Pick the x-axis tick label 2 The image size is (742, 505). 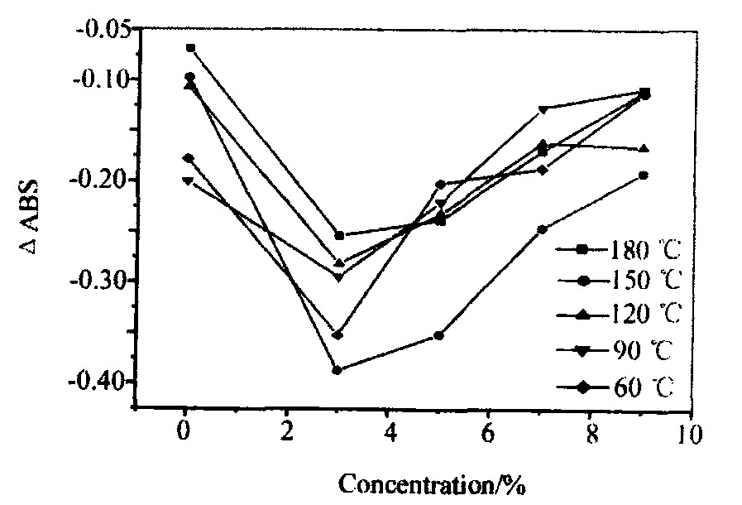tap(286, 431)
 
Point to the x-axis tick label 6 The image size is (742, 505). tap(488, 431)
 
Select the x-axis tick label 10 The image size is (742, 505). tap(685, 431)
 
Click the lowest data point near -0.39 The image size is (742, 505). tap(337, 370)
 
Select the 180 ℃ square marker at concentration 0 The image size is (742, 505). tap(190, 48)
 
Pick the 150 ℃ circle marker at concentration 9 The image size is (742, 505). tap(643, 176)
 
